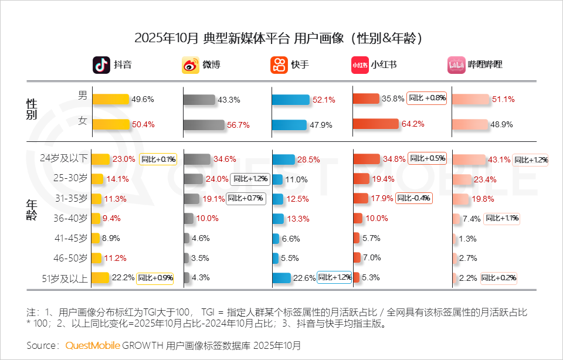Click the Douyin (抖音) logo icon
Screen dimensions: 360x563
(101, 64)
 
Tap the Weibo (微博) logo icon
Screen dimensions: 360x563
(191, 64)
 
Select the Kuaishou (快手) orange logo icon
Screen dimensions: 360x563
(279, 64)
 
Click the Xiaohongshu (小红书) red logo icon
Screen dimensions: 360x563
(359, 64)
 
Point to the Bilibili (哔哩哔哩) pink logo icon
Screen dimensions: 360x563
(456, 64)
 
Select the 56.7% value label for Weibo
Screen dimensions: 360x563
(238, 125)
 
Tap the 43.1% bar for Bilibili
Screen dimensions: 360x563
(469, 159)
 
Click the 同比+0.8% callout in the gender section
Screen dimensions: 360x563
(427, 99)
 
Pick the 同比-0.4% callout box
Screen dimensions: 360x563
(415, 198)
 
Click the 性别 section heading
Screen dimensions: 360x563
(32, 109)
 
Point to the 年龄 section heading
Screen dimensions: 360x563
(32, 209)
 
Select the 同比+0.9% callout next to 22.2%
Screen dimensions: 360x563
(155, 278)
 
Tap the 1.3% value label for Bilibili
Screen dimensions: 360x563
(467, 239)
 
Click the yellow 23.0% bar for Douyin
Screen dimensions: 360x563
(101, 159)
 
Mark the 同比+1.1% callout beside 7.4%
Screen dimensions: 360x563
(501, 218)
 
